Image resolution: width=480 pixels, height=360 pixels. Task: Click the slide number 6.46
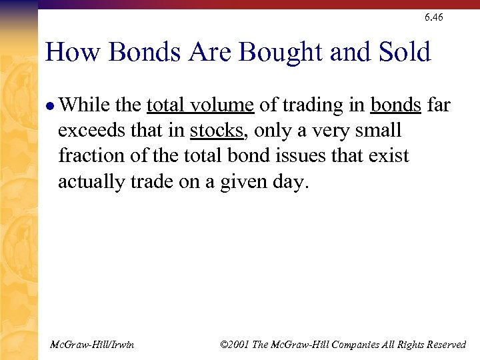(x=433, y=17)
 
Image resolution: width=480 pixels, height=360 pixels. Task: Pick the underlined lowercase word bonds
(x=395, y=105)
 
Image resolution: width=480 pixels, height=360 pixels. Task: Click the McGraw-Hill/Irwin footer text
(x=92, y=345)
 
